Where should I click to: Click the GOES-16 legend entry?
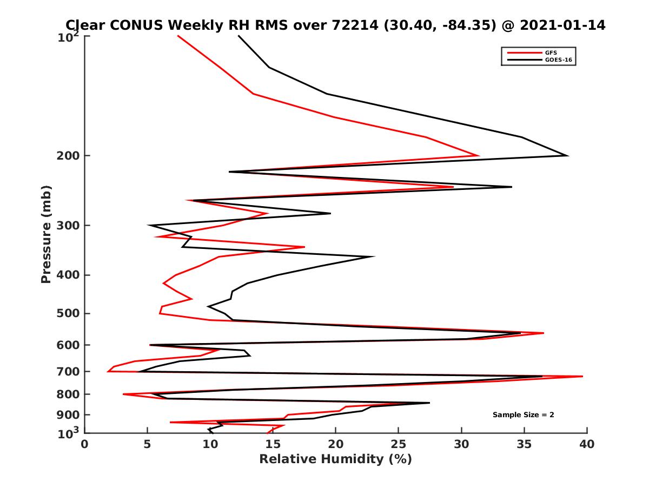pyautogui.click(x=557, y=60)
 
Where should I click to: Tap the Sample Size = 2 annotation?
pyautogui.click(x=523, y=415)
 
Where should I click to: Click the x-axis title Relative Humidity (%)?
pyautogui.click(x=335, y=459)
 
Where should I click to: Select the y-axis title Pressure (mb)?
pyautogui.click(x=46, y=234)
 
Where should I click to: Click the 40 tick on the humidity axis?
pyautogui.click(x=586, y=444)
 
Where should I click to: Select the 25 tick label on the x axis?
pyautogui.click(x=399, y=444)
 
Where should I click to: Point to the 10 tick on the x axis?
pyautogui.click(x=210, y=444)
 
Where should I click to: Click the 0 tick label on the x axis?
pyautogui.click(x=85, y=444)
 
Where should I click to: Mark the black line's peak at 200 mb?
pyautogui.click(x=567, y=156)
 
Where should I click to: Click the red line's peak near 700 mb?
pyautogui.click(x=582, y=376)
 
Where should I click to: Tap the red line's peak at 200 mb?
pyautogui.click(x=479, y=156)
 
